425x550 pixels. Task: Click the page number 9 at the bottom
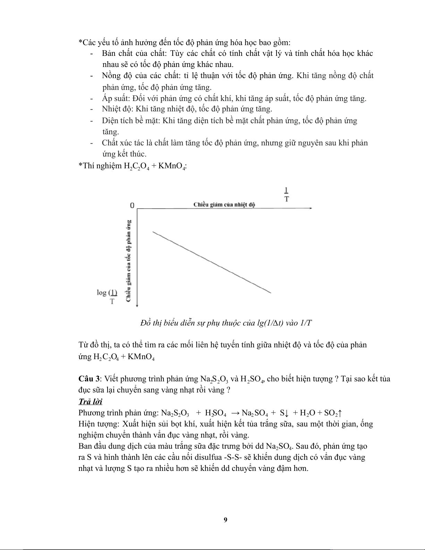(x=226, y=519)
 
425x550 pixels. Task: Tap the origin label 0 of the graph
(x=132, y=205)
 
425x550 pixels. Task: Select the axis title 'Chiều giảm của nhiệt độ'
(x=224, y=204)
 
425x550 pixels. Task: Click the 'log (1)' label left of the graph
(x=107, y=293)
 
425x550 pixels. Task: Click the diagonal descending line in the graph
(x=212, y=262)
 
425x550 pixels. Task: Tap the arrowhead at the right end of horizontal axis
(x=311, y=208)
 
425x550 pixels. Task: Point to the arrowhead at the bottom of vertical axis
(x=138, y=305)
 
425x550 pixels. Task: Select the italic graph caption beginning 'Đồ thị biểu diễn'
(x=226, y=323)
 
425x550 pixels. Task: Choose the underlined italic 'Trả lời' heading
(x=90, y=401)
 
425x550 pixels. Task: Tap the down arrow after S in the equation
(x=287, y=413)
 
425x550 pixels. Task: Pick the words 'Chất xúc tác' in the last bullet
(x=123, y=143)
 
